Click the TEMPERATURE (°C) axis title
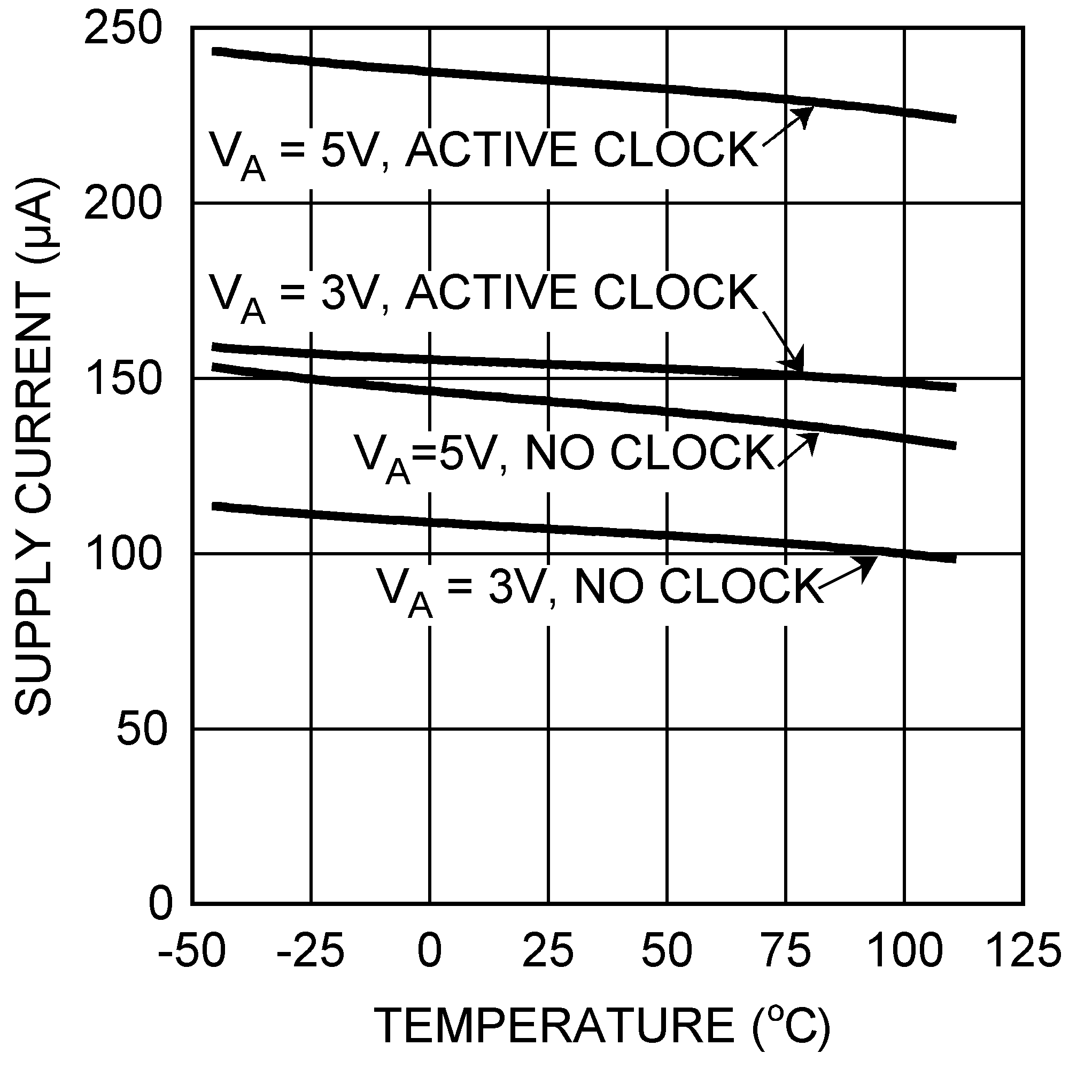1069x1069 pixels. pos(603,1025)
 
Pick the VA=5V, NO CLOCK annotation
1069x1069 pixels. pos(564,455)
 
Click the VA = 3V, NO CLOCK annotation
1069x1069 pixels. pos(600,587)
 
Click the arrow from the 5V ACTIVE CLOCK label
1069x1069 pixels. pos(788,126)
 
